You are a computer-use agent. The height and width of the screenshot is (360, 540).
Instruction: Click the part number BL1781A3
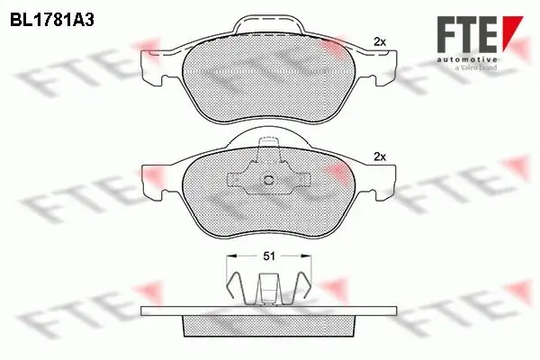pyautogui.click(x=52, y=21)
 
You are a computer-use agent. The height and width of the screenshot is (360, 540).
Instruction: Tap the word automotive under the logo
pyautogui.click(x=467, y=60)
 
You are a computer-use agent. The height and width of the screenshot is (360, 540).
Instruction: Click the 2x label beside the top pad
pyautogui.click(x=380, y=42)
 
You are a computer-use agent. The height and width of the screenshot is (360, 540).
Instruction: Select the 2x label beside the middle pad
pyautogui.click(x=380, y=157)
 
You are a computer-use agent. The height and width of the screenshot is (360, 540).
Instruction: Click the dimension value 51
pyautogui.click(x=269, y=256)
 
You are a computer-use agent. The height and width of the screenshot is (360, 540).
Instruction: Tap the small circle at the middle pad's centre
pyautogui.click(x=268, y=180)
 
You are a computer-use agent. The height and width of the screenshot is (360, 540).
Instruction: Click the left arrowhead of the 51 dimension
pyautogui.click(x=231, y=256)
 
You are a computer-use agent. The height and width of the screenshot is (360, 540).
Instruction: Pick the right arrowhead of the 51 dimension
pyautogui.click(x=306, y=256)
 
